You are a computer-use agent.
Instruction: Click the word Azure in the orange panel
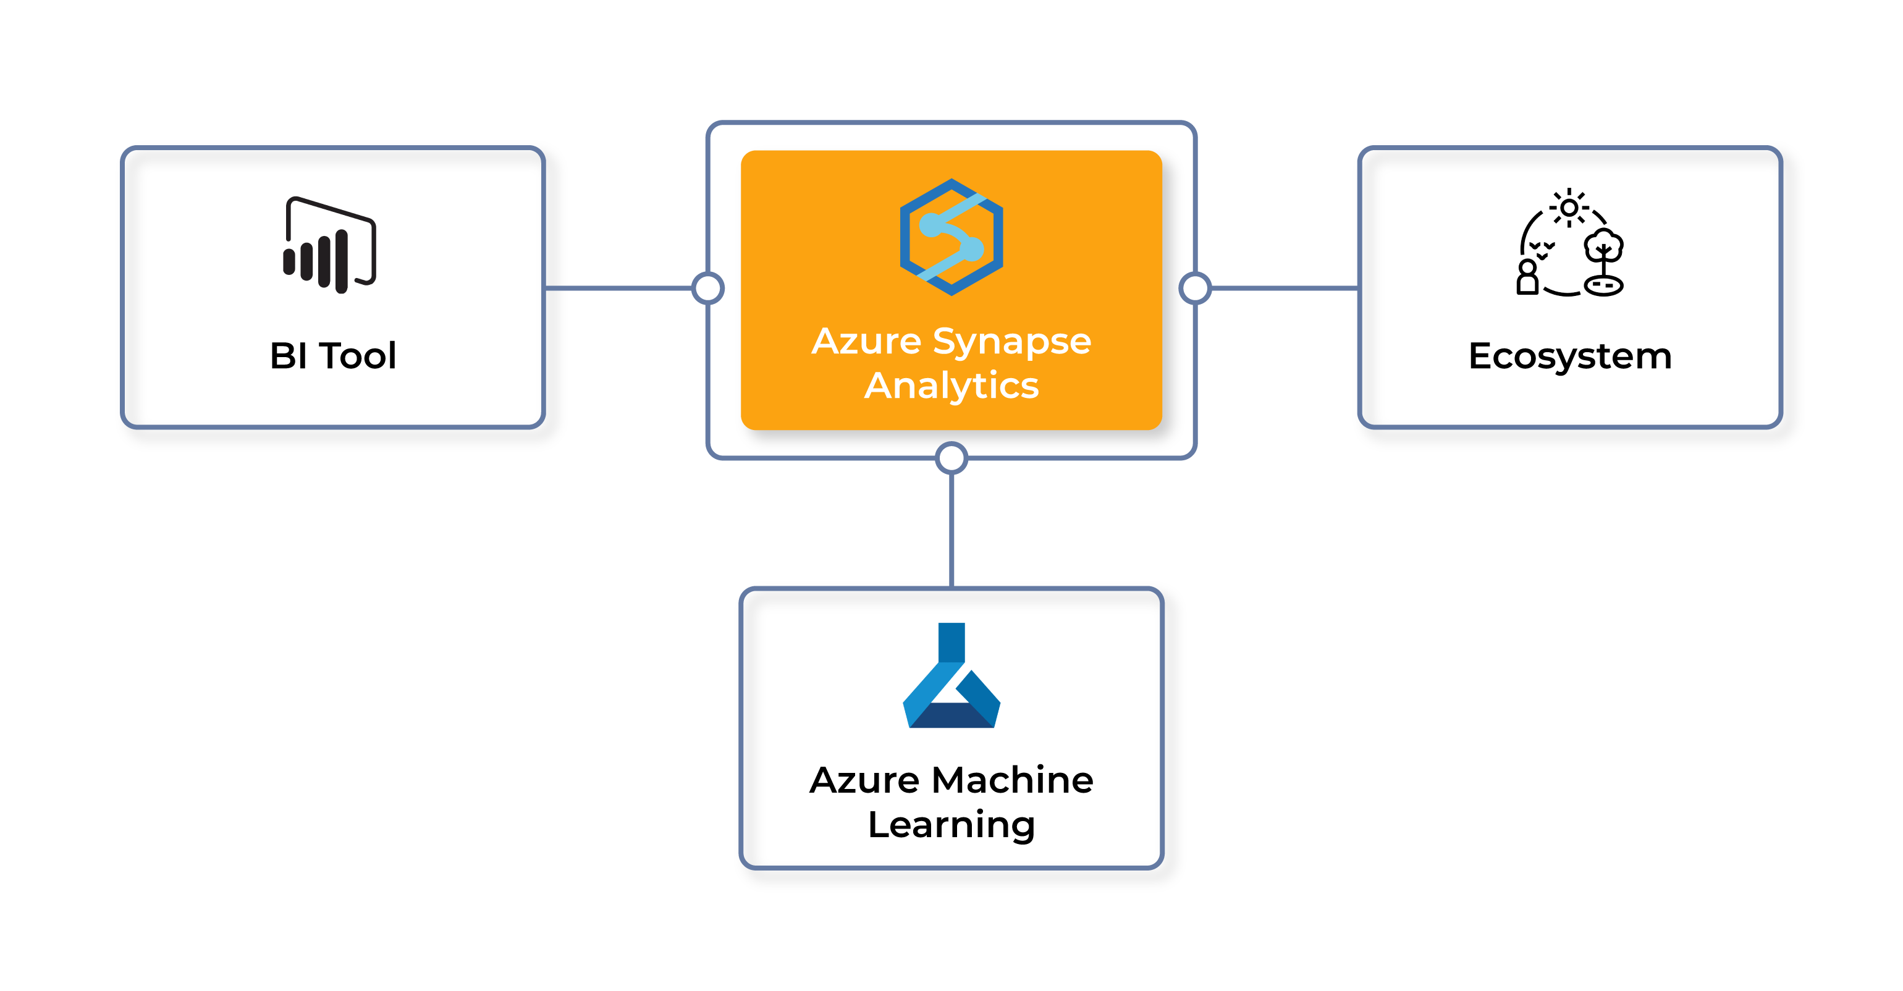point(866,342)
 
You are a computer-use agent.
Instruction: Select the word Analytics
point(951,386)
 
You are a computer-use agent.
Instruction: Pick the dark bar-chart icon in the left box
point(329,245)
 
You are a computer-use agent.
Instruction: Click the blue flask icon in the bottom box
point(951,677)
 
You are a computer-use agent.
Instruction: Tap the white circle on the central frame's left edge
point(707,288)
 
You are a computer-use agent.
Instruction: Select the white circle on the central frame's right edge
point(1196,288)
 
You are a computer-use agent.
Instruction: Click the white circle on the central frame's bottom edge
point(951,458)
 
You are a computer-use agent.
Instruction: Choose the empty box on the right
point(1570,287)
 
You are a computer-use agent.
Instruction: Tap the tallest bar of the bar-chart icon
point(341,261)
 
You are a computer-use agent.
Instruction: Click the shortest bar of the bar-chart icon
point(289,262)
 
